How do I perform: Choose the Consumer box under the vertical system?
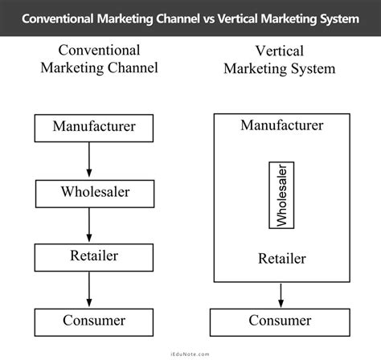pos(281,321)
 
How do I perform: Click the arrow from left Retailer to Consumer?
pos(89,288)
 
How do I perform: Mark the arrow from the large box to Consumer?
pos(281,294)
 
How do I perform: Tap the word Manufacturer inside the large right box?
pos(281,125)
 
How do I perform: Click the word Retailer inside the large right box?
pos(281,258)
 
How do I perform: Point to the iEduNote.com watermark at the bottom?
pos(190,350)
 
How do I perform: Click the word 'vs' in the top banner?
pos(209,17)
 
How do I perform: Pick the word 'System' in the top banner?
pos(337,17)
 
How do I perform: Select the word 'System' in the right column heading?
pos(310,67)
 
